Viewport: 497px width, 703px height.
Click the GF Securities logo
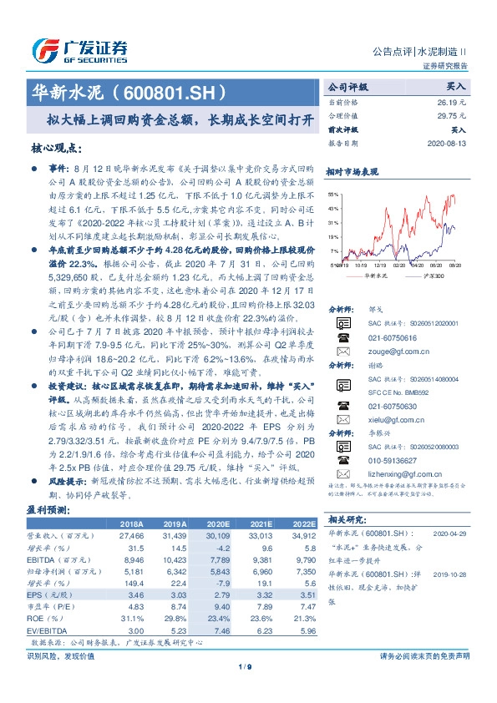(x=79, y=50)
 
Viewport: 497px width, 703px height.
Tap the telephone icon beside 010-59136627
(x=340, y=458)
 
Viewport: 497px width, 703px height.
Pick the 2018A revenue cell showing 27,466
(x=133, y=535)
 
